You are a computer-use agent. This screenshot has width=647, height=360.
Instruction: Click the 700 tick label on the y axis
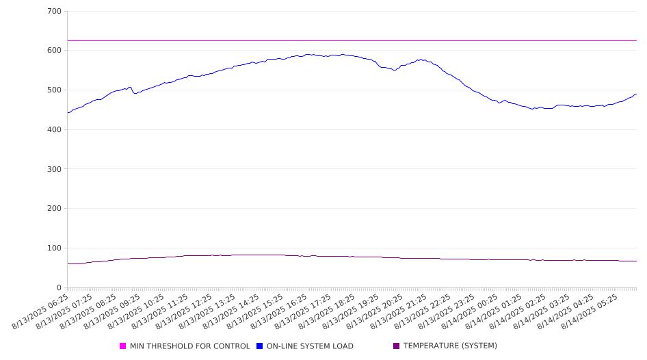pyautogui.click(x=55, y=11)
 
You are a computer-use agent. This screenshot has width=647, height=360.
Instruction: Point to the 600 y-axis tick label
pyautogui.click(x=55, y=51)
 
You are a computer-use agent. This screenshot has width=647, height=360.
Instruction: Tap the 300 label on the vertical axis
pyautogui.click(x=55, y=169)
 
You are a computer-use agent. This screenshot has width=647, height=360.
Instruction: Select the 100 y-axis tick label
pyautogui.click(x=55, y=248)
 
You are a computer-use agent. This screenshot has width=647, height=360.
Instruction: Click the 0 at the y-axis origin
pyautogui.click(x=59, y=287)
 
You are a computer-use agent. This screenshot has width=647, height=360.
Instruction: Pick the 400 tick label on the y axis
pyautogui.click(x=55, y=129)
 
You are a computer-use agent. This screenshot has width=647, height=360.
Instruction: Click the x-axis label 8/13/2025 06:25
pyautogui.click(x=40, y=311)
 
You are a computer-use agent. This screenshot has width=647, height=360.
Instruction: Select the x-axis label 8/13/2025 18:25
pyautogui.click(x=327, y=311)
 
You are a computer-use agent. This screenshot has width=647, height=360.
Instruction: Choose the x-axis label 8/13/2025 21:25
pyautogui.click(x=399, y=311)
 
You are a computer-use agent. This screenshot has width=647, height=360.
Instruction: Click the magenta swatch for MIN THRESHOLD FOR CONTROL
pyautogui.click(x=122, y=346)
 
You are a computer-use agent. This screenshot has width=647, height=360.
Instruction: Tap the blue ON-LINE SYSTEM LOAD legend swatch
pyautogui.click(x=259, y=346)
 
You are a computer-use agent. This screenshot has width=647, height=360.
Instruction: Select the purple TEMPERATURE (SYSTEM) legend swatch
pyautogui.click(x=397, y=346)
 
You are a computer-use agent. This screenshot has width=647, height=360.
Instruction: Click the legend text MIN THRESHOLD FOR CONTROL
pyautogui.click(x=190, y=346)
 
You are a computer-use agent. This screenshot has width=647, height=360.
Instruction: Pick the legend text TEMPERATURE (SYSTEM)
pyautogui.click(x=450, y=346)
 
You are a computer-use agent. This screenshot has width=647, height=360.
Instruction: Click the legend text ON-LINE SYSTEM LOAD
pyautogui.click(x=310, y=346)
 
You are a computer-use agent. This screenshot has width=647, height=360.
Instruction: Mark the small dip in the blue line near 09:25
pyautogui.click(x=135, y=93)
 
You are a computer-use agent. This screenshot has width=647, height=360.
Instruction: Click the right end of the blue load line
pyautogui.click(x=636, y=94)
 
